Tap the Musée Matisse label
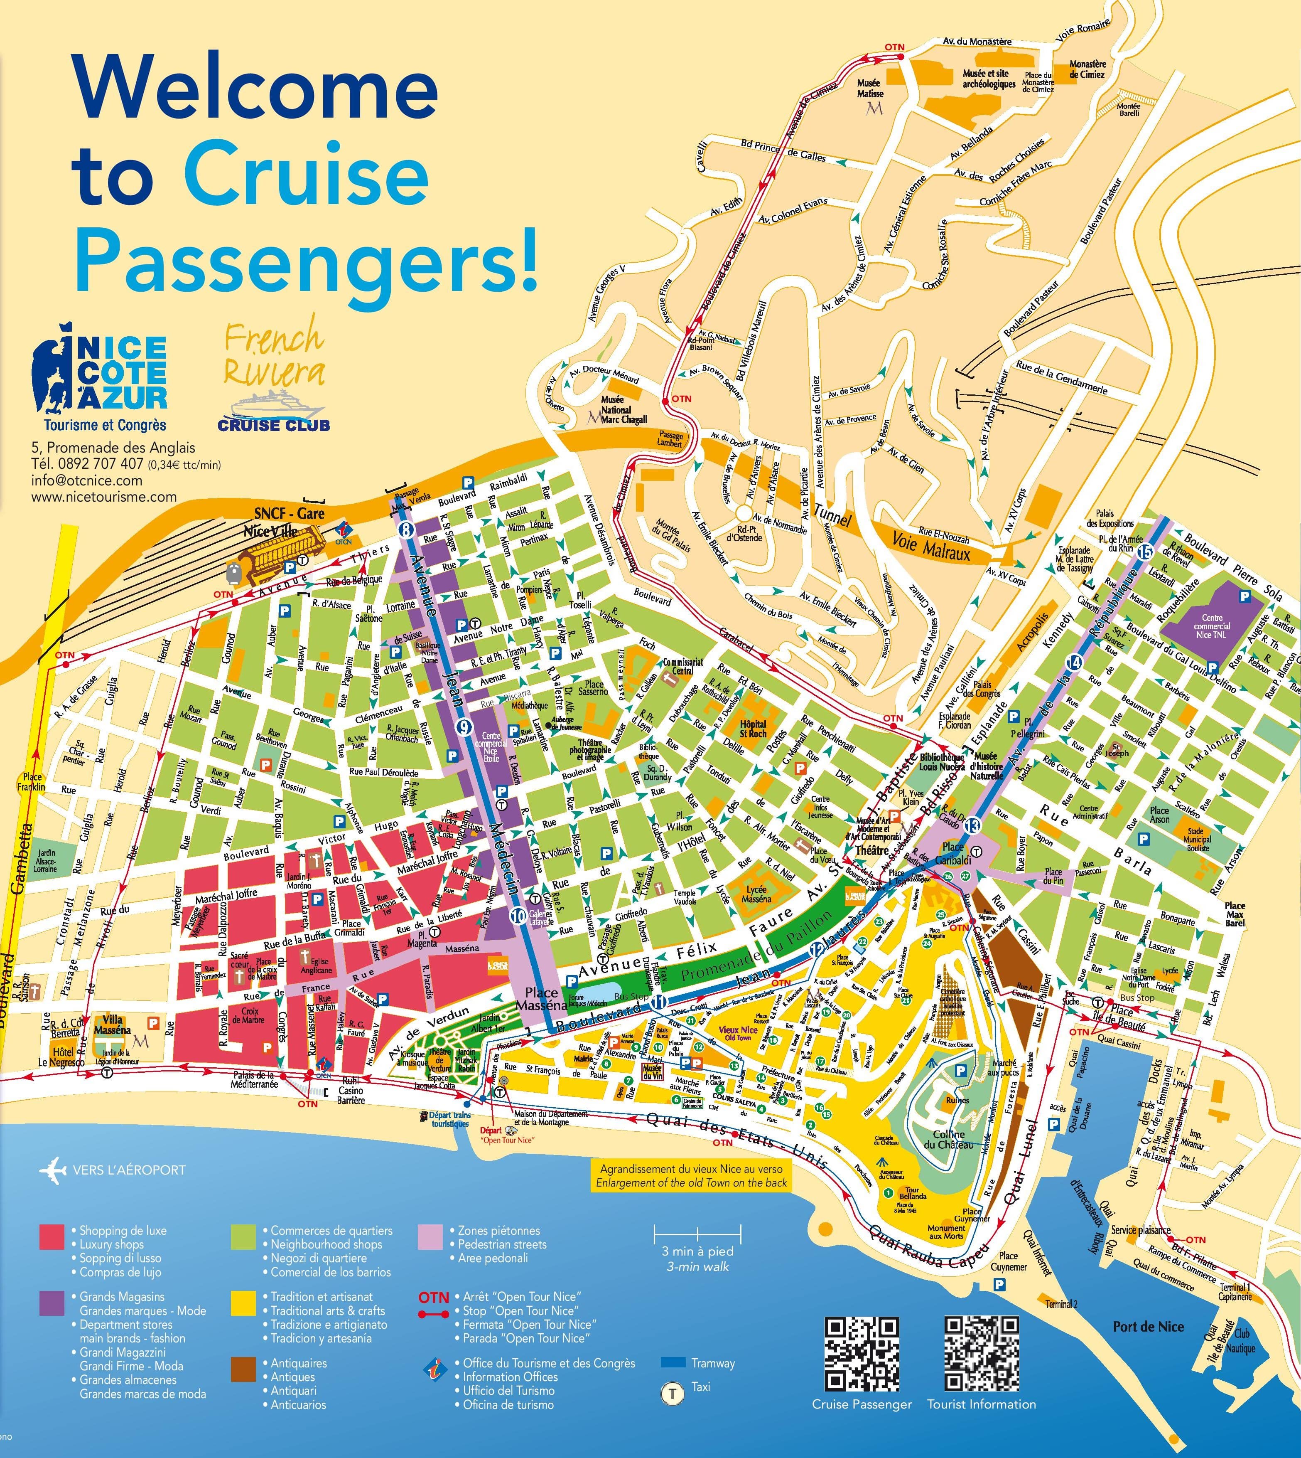(870, 89)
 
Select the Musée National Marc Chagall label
(616, 411)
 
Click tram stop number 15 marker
(1145, 551)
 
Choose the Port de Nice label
(1148, 1326)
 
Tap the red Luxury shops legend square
(52, 1236)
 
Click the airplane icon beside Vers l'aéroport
(54, 1170)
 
